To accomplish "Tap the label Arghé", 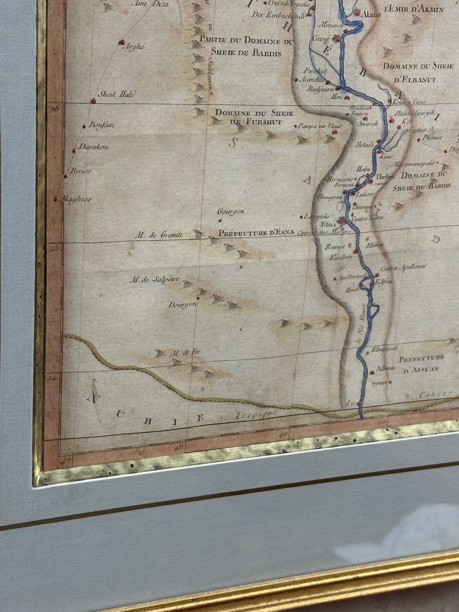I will pyautogui.click(x=133, y=47).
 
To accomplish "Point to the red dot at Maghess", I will pyautogui.click(x=55, y=199).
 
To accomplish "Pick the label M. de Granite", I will pyautogui.click(x=159, y=235).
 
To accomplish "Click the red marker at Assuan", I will pyautogui.click(x=372, y=372).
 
